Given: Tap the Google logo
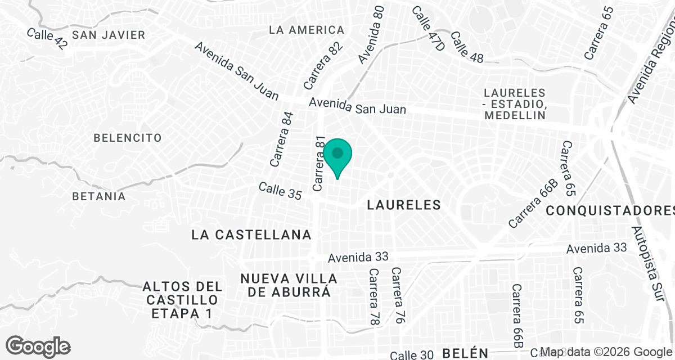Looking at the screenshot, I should coord(38,346).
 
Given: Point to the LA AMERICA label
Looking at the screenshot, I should coord(307,30).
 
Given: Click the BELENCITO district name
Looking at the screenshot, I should coord(128,138).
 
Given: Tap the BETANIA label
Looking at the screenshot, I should coord(99,196).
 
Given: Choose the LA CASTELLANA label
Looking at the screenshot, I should coord(251,235).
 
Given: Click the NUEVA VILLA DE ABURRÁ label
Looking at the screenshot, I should coord(289,285).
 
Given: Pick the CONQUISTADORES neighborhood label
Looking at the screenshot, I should coord(610,210).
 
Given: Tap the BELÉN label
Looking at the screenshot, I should coord(465,353).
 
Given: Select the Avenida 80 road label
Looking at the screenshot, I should coord(372,35).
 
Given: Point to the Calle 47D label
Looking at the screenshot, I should coord(428,29).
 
